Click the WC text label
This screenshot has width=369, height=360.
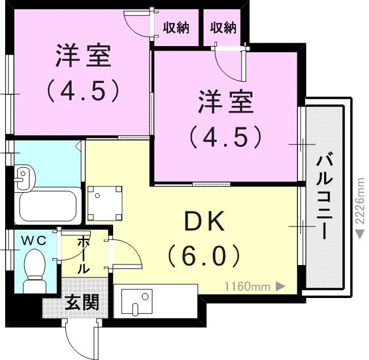[34, 241]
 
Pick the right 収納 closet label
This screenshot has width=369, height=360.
[222, 27]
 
